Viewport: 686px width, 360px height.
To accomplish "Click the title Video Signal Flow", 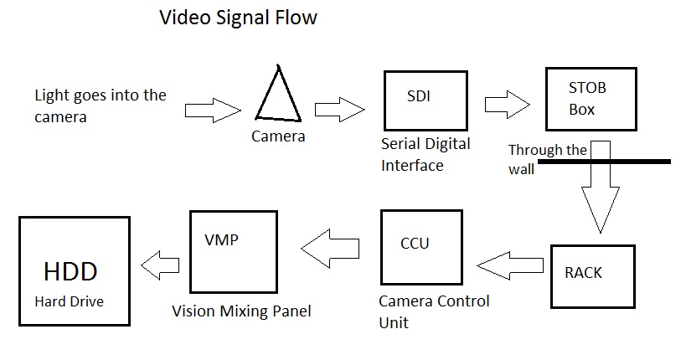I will click(239, 18).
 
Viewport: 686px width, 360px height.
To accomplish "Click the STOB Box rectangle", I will click(586, 99).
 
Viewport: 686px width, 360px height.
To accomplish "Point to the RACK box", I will click(592, 275).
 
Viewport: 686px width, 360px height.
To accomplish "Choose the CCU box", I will click(420, 248).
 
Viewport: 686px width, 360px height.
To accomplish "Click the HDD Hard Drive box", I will click(75, 270).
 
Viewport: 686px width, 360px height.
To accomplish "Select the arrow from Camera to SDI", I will click(340, 110).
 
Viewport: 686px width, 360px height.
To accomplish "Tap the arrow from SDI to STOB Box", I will click(508, 104).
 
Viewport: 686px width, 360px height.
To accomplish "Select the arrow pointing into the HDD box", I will click(159, 267).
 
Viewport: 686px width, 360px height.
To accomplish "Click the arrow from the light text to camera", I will click(212, 110).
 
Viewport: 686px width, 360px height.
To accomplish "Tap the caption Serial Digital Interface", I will click(425, 154).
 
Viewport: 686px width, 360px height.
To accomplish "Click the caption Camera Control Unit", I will click(433, 311).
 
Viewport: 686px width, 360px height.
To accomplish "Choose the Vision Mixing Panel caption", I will click(241, 311).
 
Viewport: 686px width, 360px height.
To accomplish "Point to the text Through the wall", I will click(546, 158).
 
